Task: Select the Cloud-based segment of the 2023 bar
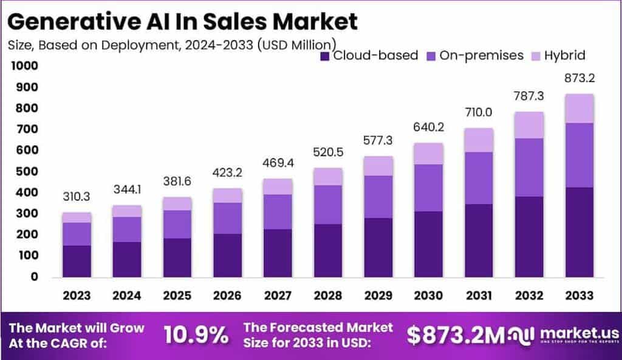77,261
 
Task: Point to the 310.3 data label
77,198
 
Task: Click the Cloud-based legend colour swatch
325,56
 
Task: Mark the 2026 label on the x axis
227,296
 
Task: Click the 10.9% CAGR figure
196,334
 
